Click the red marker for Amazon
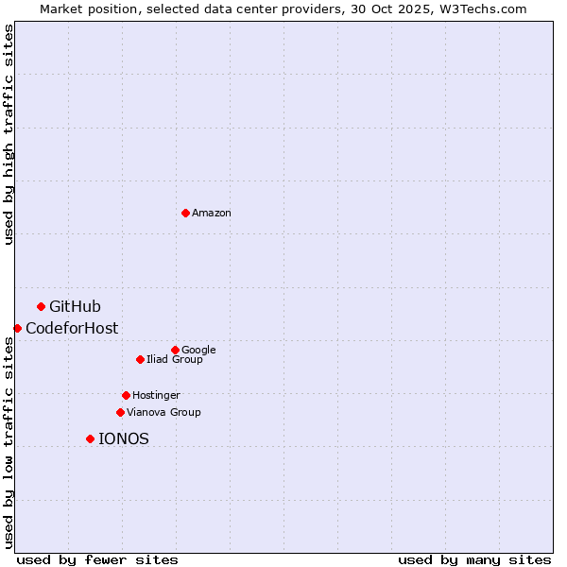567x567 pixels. coord(185,213)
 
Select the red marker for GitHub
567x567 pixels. coord(41,306)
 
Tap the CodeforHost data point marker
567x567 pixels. coord(17,328)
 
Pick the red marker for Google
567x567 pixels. coord(175,350)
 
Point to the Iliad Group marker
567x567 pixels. coord(140,359)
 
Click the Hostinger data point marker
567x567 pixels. coord(126,395)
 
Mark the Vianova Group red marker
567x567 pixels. coord(120,412)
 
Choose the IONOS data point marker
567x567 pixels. coord(90,438)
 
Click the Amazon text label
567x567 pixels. coord(212,214)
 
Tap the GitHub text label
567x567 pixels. coord(75,306)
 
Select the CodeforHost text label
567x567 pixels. coord(72,328)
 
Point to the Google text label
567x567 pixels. coord(198,350)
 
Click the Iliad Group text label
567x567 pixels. coord(175,359)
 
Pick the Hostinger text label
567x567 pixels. coord(156,395)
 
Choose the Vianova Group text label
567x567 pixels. coord(163,412)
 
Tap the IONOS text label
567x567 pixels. coord(124,438)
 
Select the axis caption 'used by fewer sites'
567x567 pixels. coord(97,559)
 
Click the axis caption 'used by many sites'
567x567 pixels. coord(474,559)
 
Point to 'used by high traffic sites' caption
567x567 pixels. coord(9,134)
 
